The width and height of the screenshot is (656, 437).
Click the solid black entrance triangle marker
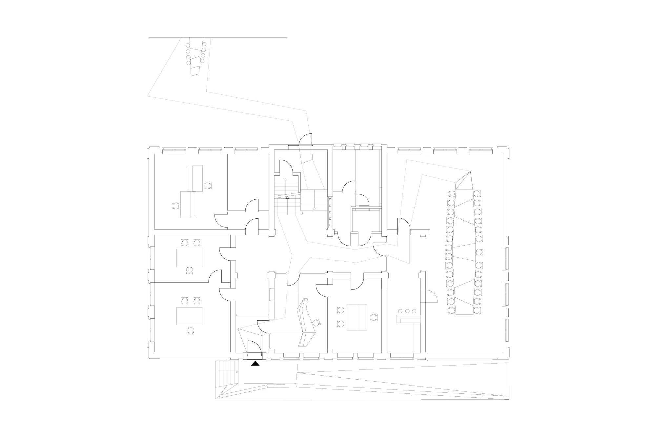255,363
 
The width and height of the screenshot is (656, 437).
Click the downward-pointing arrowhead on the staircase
314,209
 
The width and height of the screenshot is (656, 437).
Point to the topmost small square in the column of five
330,199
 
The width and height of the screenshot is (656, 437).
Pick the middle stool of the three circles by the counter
407,311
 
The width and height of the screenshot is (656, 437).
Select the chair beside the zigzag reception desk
316,323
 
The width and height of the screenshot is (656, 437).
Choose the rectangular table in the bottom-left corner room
189,316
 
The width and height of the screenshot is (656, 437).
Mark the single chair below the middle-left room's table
189,270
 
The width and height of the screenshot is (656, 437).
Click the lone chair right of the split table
373,317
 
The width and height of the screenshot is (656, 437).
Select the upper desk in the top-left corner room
195,178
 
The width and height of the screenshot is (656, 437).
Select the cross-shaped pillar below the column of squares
330,233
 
